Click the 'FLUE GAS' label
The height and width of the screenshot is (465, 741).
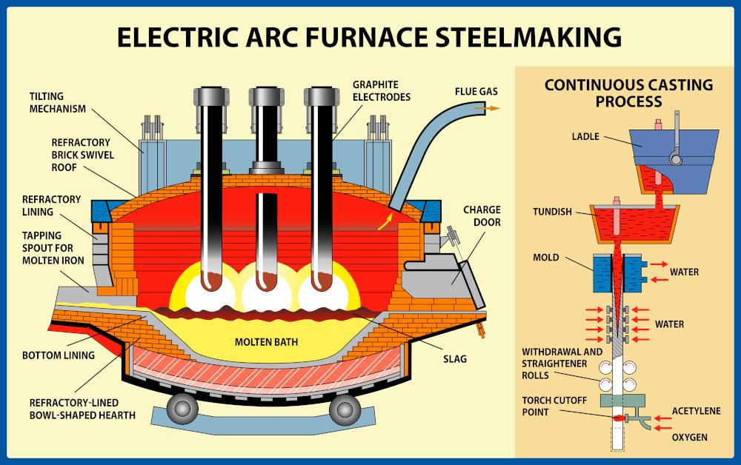click(476, 92)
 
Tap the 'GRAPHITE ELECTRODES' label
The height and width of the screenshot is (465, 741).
click(382, 91)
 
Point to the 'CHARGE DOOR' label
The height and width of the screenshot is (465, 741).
click(482, 215)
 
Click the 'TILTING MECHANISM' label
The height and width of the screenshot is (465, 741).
click(58, 103)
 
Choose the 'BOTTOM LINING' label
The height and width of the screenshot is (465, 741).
click(59, 355)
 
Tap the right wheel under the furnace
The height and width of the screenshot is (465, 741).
click(345, 408)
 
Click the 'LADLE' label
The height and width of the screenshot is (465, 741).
click(585, 137)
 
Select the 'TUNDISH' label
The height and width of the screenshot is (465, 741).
click(552, 211)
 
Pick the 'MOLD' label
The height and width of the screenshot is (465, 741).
click(545, 258)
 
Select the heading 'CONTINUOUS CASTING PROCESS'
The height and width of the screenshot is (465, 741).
click(628, 93)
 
